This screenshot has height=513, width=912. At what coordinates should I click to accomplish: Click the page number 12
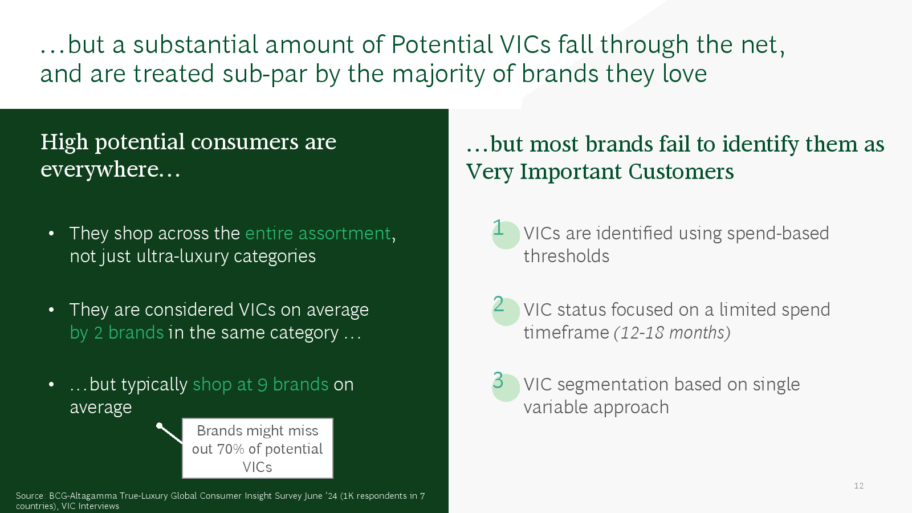coord(858,486)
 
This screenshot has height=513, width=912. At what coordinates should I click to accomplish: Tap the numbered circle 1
coord(506,235)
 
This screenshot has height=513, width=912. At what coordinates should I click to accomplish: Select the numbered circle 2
coord(506,312)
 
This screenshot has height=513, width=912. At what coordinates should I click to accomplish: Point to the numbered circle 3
coord(506,388)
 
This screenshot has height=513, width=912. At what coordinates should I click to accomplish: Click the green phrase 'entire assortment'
coord(318,233)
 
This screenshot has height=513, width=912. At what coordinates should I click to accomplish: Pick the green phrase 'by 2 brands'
coord(116,333)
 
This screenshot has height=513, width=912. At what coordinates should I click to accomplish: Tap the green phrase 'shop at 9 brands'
coord(260,385)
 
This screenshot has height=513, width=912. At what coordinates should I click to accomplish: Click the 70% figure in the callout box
coord(230,449)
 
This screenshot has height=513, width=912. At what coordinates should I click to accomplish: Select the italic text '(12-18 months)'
coord(672,333)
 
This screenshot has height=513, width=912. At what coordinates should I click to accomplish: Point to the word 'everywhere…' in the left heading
coord(111,169)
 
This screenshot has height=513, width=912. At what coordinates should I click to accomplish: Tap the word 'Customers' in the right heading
coord(681,172)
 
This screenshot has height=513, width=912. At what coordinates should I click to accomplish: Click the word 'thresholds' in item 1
coord(567,256)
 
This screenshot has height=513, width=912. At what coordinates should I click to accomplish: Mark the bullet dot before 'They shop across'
coord(51,234)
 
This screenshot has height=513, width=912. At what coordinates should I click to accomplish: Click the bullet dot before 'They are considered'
coord(51,310)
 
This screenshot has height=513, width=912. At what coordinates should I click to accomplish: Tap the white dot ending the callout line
coord(160,426)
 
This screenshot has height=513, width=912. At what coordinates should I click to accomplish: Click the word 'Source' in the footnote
coord(30,496)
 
